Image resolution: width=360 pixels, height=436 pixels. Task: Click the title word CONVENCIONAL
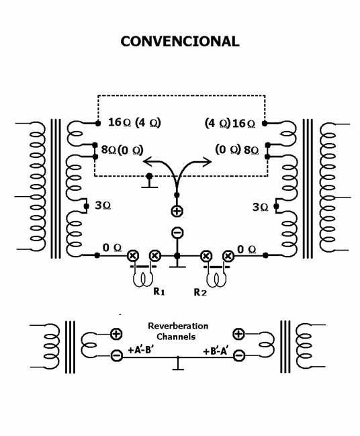[180, 42]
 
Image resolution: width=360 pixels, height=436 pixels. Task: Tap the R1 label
[159, 292]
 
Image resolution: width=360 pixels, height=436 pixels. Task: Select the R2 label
[200, 292]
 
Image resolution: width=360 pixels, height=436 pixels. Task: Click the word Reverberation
[178, 326]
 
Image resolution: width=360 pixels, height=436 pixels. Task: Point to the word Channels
[176, 337]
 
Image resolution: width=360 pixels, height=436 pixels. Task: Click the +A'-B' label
[140, 350]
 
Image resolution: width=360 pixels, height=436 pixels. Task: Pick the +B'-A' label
[216, 351]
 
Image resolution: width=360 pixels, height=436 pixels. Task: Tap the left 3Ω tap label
[103, 206]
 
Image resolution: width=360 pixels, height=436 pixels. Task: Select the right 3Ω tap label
[260, 207]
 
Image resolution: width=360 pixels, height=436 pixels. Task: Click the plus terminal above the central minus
[177, 211]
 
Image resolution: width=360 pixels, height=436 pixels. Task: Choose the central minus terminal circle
[177, 232]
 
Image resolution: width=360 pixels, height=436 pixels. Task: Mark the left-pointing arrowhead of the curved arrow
[147, 161]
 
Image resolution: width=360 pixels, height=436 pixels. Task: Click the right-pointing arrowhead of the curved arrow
[207, 162]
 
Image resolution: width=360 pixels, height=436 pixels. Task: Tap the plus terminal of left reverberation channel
[116, 334]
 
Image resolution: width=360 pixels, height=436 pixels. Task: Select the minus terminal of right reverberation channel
[239, 355]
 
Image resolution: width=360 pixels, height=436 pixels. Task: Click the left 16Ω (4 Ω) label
[134, 122]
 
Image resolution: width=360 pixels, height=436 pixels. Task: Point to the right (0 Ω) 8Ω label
[237, 150]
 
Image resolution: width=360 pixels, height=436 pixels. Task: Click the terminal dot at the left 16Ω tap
[98, 123]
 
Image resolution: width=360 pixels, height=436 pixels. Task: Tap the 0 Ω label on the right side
[246, 249]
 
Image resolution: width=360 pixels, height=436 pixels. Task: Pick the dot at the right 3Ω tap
[276, 206]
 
